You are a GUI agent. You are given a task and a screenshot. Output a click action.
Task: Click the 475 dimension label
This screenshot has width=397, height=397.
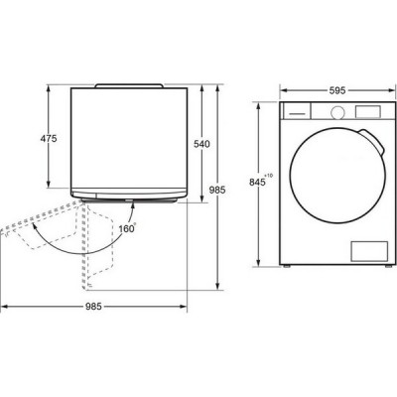coord(49,138)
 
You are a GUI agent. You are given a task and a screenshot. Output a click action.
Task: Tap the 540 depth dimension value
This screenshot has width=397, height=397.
coord(201,144)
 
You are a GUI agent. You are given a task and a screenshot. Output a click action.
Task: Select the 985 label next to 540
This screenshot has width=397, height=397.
coord(217,190)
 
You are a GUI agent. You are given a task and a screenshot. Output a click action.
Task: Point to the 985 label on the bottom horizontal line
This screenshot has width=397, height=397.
coord(93,307)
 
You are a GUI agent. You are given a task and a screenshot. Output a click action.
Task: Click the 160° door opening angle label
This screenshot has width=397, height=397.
coord(128,228)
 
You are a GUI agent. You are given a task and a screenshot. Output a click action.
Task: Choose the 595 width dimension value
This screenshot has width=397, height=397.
coord(337,90)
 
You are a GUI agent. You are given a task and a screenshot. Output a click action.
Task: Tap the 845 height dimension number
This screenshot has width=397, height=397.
coord(258,183)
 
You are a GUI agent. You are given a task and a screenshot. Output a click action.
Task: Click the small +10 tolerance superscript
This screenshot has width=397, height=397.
coord(269,176)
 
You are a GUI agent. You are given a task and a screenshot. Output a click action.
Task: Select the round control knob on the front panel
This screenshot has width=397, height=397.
coord(337,113)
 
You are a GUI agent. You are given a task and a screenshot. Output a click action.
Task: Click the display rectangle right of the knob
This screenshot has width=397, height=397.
coord(368,111)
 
